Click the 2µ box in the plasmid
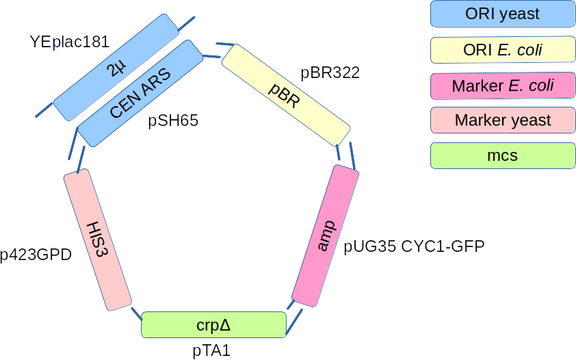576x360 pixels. pyautogui.click(x=116, y=66)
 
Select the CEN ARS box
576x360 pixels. pyautogui.click(x=140, y=92)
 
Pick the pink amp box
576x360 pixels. pyautogui.click(x=326, y=235)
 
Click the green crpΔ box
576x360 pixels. pyautogui.click(x=213, y=324)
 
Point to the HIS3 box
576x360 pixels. pyautogui.click(x=97, y=239)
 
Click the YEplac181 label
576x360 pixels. pyautogui.click(x=69, y=42)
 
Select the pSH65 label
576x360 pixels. pyautogui.click(x=173, y=121)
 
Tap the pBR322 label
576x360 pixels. pyautogui.click(x=330, y=72)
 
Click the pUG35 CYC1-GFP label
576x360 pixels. pyautogui.click(x=414, y=246)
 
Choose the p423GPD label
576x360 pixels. pyautogui.click(x=36, y=255)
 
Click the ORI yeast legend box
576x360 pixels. pyautogui.click(x=502, y=14)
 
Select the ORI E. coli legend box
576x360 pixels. pyautogui.click(x=502, y=49)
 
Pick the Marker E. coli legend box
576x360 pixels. pyautogui.click(x=502, y=86)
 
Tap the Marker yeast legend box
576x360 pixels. pyautogui.click(x=502, y=120)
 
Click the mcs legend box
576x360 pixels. pyautogui.click(x=502, y=156)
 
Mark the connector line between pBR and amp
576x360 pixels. pyautogui.click(x=352, y=155)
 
